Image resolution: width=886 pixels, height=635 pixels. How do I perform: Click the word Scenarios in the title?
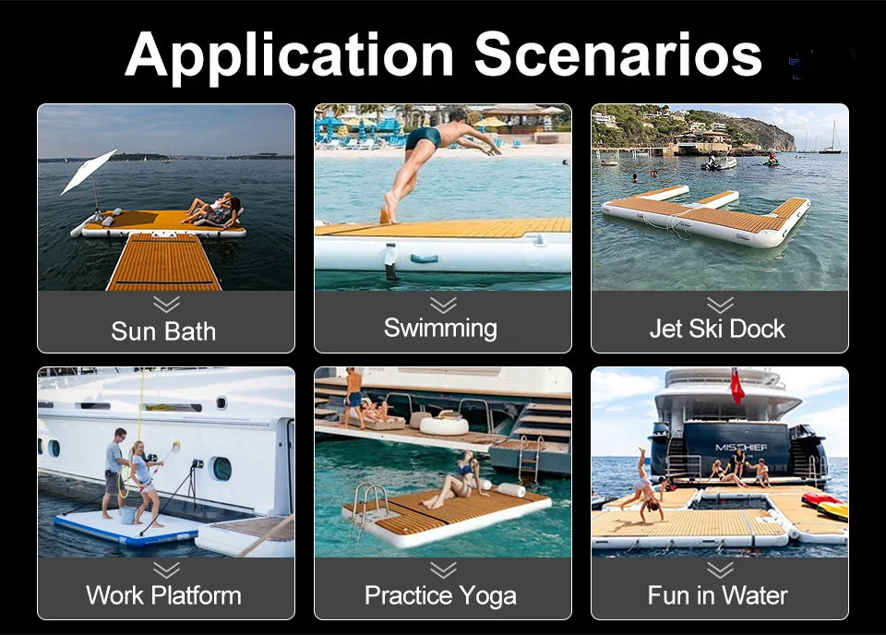tap(619, 55)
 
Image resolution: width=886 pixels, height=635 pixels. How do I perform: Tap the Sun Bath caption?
tap(163, 331)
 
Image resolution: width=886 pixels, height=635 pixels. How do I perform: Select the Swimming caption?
tap(440, 328)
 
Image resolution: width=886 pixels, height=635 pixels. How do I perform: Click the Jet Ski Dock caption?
tap(717, 329)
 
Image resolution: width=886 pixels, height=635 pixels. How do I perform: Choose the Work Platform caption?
tap(163, 595)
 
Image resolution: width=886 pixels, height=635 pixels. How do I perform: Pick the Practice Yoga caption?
tap(440, 595)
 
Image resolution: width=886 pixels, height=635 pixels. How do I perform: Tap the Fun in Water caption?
tap(717, 595)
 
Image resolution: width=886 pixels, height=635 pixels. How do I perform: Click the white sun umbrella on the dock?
tap(89, 171)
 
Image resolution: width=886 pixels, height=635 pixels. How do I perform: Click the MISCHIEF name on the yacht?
tap(741, 447)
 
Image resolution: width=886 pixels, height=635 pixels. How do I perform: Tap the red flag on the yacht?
tap(737, 385)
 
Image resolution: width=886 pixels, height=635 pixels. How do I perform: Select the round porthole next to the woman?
tap(221, 469)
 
